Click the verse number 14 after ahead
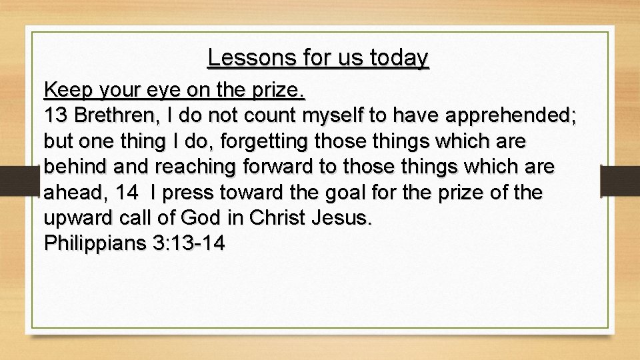click(x=127, y=193)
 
